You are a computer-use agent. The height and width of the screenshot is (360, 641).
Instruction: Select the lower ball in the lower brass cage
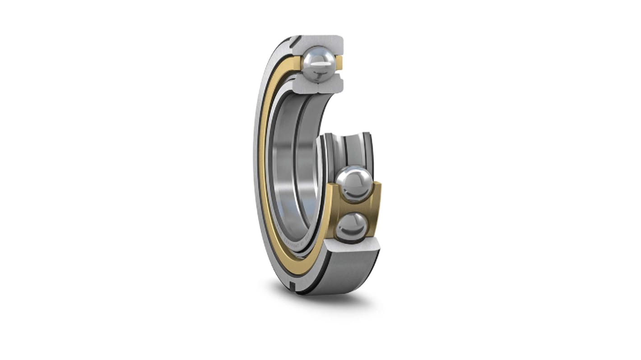353,226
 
